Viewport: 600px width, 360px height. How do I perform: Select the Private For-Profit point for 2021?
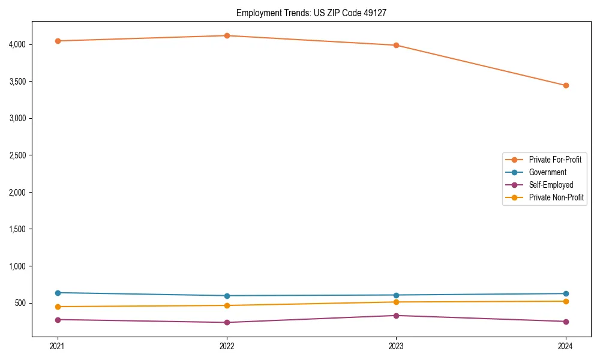point(58,41)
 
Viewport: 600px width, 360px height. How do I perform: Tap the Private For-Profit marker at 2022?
point(227,35)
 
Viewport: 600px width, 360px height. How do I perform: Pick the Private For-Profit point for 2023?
point(396,45)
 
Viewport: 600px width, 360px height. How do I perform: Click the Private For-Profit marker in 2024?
point(566,85)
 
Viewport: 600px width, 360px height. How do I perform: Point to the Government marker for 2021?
point(58,293)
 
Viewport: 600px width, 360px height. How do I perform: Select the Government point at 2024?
point(566,293)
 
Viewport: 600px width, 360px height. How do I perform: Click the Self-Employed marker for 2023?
point(396,316)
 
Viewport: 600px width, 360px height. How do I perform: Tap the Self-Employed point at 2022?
point(227,322)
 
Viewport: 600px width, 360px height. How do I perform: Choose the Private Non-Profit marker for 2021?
point(58,307)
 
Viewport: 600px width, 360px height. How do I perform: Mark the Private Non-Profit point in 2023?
point(396,302)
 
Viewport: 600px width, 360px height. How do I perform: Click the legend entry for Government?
point(547,172)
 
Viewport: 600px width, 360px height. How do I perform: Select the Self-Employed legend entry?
point(551,185)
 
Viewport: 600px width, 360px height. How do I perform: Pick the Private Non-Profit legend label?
point(556,197)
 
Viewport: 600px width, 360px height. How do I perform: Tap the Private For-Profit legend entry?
point(555,160)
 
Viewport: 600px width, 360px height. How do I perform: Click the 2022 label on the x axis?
point(227,346)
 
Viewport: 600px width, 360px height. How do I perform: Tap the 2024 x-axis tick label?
point(566,346)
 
